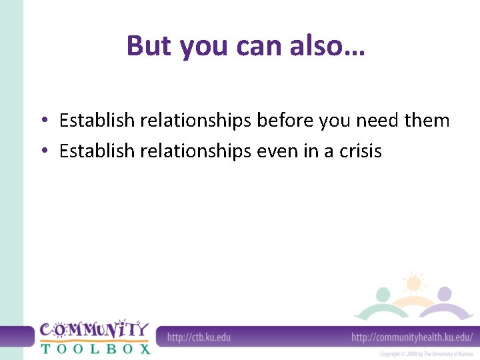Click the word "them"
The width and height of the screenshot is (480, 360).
427,121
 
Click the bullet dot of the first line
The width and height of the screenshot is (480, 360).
42,121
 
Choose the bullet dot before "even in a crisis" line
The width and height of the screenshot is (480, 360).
42,152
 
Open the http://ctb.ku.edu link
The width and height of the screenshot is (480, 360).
199,337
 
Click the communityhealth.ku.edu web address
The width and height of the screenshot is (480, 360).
412,337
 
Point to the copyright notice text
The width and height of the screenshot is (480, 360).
426,354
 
